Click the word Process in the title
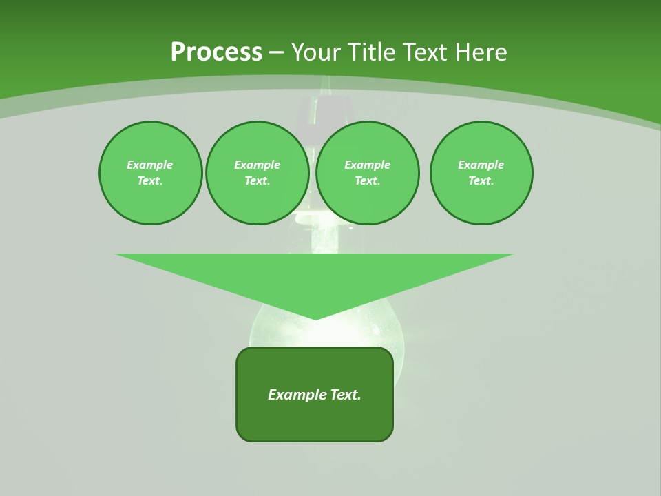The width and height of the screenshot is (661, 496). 216,52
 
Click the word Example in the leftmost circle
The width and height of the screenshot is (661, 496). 150,165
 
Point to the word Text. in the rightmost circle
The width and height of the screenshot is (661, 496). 481,180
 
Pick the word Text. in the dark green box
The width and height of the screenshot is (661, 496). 346,395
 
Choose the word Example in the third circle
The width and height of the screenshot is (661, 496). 368,165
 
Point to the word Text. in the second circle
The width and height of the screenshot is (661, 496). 258,180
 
